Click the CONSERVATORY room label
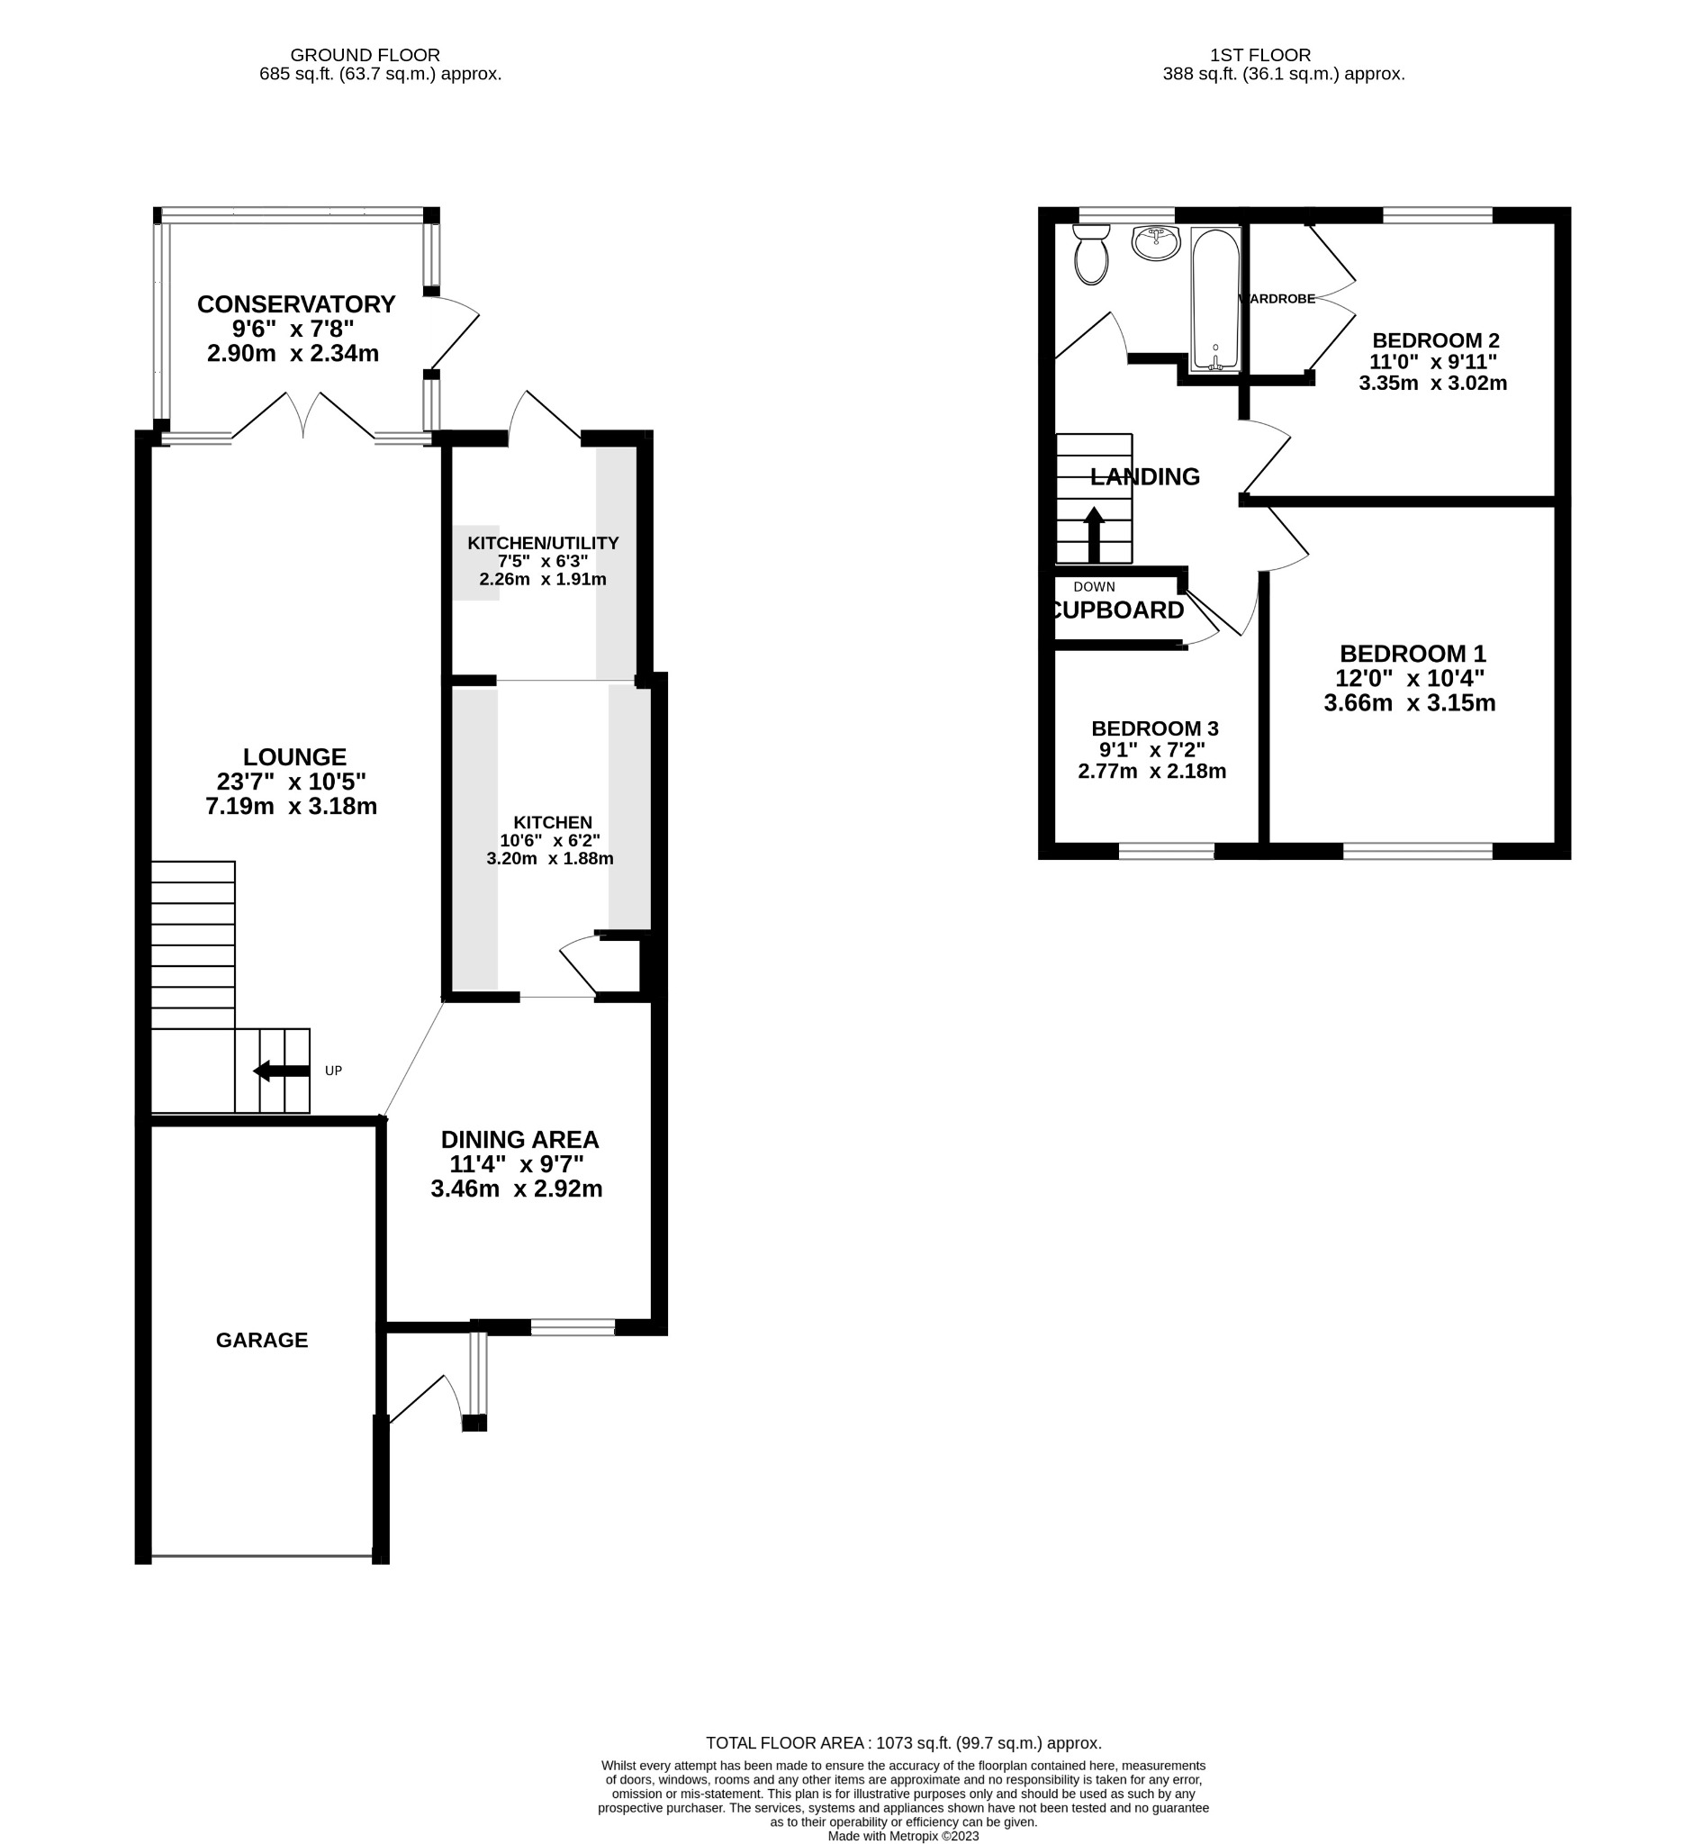pos(295,303)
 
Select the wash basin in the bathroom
pos(1155,243)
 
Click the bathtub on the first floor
pos(1214,300)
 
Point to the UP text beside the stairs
pos(333,1071)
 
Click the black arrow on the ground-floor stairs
pos(281,1071)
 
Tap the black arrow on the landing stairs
pos(1093,534)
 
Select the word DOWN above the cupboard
pos(1094,586)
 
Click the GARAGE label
pos(261,1340)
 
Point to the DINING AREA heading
pos(519,1140)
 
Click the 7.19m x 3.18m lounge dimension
pos(291,806)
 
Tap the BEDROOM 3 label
pos(1154,728)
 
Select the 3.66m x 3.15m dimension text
pos(1409,702)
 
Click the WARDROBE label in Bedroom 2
pos(1279,298)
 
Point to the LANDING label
pos(1144,476)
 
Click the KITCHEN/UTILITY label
pos(543,543)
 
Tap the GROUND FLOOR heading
pos(365,56)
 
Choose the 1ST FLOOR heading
pos(1260,56)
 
